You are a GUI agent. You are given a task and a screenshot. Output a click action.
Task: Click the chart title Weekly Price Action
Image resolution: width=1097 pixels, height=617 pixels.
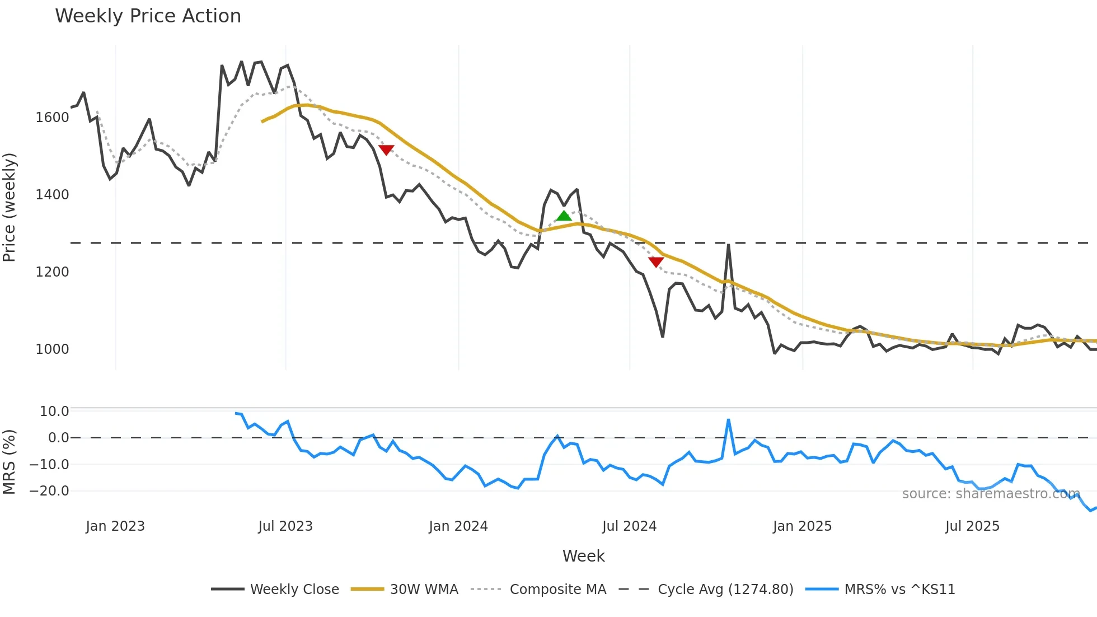tap(148, 16)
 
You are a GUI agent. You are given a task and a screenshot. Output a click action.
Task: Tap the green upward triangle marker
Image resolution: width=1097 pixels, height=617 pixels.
tap(564, 216)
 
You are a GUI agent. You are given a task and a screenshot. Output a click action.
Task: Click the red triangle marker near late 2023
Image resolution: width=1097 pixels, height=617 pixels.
tap(386, 149)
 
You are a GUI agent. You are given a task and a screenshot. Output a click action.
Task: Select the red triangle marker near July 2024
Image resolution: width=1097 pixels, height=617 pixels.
tap(656, 261)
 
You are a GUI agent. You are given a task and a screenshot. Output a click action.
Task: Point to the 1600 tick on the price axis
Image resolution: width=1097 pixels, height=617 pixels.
tap(52, 118)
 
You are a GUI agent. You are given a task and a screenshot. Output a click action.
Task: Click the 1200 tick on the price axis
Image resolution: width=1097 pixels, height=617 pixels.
tap(52, 272)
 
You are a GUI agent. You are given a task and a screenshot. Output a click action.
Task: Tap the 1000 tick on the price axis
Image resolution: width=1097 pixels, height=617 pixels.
tap(52, 349)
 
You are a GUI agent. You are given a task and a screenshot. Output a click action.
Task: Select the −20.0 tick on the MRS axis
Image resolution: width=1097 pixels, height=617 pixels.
tap(49, 491)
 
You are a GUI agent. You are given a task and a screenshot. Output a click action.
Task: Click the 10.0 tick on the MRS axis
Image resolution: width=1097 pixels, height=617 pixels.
tap(54, 412)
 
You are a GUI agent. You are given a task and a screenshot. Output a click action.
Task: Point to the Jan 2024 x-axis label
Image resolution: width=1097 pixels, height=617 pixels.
tap(458, 526)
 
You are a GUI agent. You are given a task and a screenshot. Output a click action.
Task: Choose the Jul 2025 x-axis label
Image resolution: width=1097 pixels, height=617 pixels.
tap(972, 526)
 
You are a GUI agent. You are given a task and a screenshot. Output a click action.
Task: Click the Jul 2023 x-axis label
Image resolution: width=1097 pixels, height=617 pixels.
tap(285, 526)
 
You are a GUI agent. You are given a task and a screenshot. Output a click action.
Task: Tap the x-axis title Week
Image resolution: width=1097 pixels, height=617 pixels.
tap(583, 556)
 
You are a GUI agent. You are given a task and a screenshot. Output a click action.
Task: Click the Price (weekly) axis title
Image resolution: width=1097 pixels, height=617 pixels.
tap(10, 207)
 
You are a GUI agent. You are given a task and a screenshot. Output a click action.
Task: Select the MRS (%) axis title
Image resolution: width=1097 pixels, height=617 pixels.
tap(10, 462)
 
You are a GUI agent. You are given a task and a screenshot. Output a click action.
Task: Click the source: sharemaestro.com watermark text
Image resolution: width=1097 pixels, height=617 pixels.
tap(991, 494)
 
